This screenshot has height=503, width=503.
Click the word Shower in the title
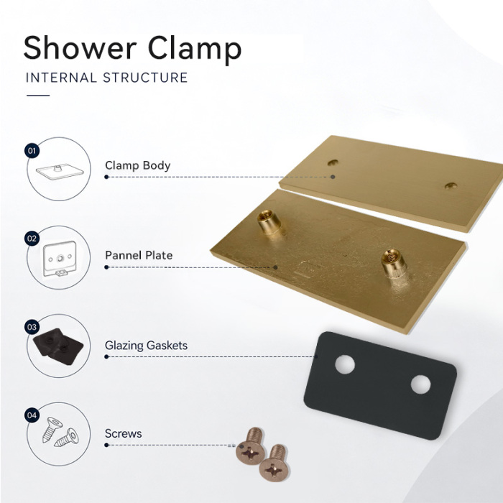coord(80,47)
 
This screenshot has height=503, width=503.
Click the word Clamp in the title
coord(195,50)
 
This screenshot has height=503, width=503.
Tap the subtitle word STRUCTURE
coord(145,78)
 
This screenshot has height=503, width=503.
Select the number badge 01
coord(32,150)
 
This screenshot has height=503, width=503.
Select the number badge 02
coord(32,239)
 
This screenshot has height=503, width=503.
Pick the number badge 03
coord(32,327)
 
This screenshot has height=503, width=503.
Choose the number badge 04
coord(32,415)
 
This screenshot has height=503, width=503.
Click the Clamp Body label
coord(138,165)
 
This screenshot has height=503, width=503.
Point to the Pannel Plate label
coord(139,255)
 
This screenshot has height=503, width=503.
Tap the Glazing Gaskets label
coord(146,346)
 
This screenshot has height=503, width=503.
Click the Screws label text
coord(123,434)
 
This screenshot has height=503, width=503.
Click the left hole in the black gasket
coord(345,364)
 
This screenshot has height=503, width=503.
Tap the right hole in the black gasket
coord(420,384)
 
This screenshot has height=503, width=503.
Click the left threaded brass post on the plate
coord(269,222)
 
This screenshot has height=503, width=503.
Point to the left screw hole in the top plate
coord(333,162)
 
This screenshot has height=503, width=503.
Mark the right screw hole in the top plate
coord(451,185)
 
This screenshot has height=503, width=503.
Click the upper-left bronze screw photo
coord(251,446)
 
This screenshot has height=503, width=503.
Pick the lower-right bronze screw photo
coord(274,463)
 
